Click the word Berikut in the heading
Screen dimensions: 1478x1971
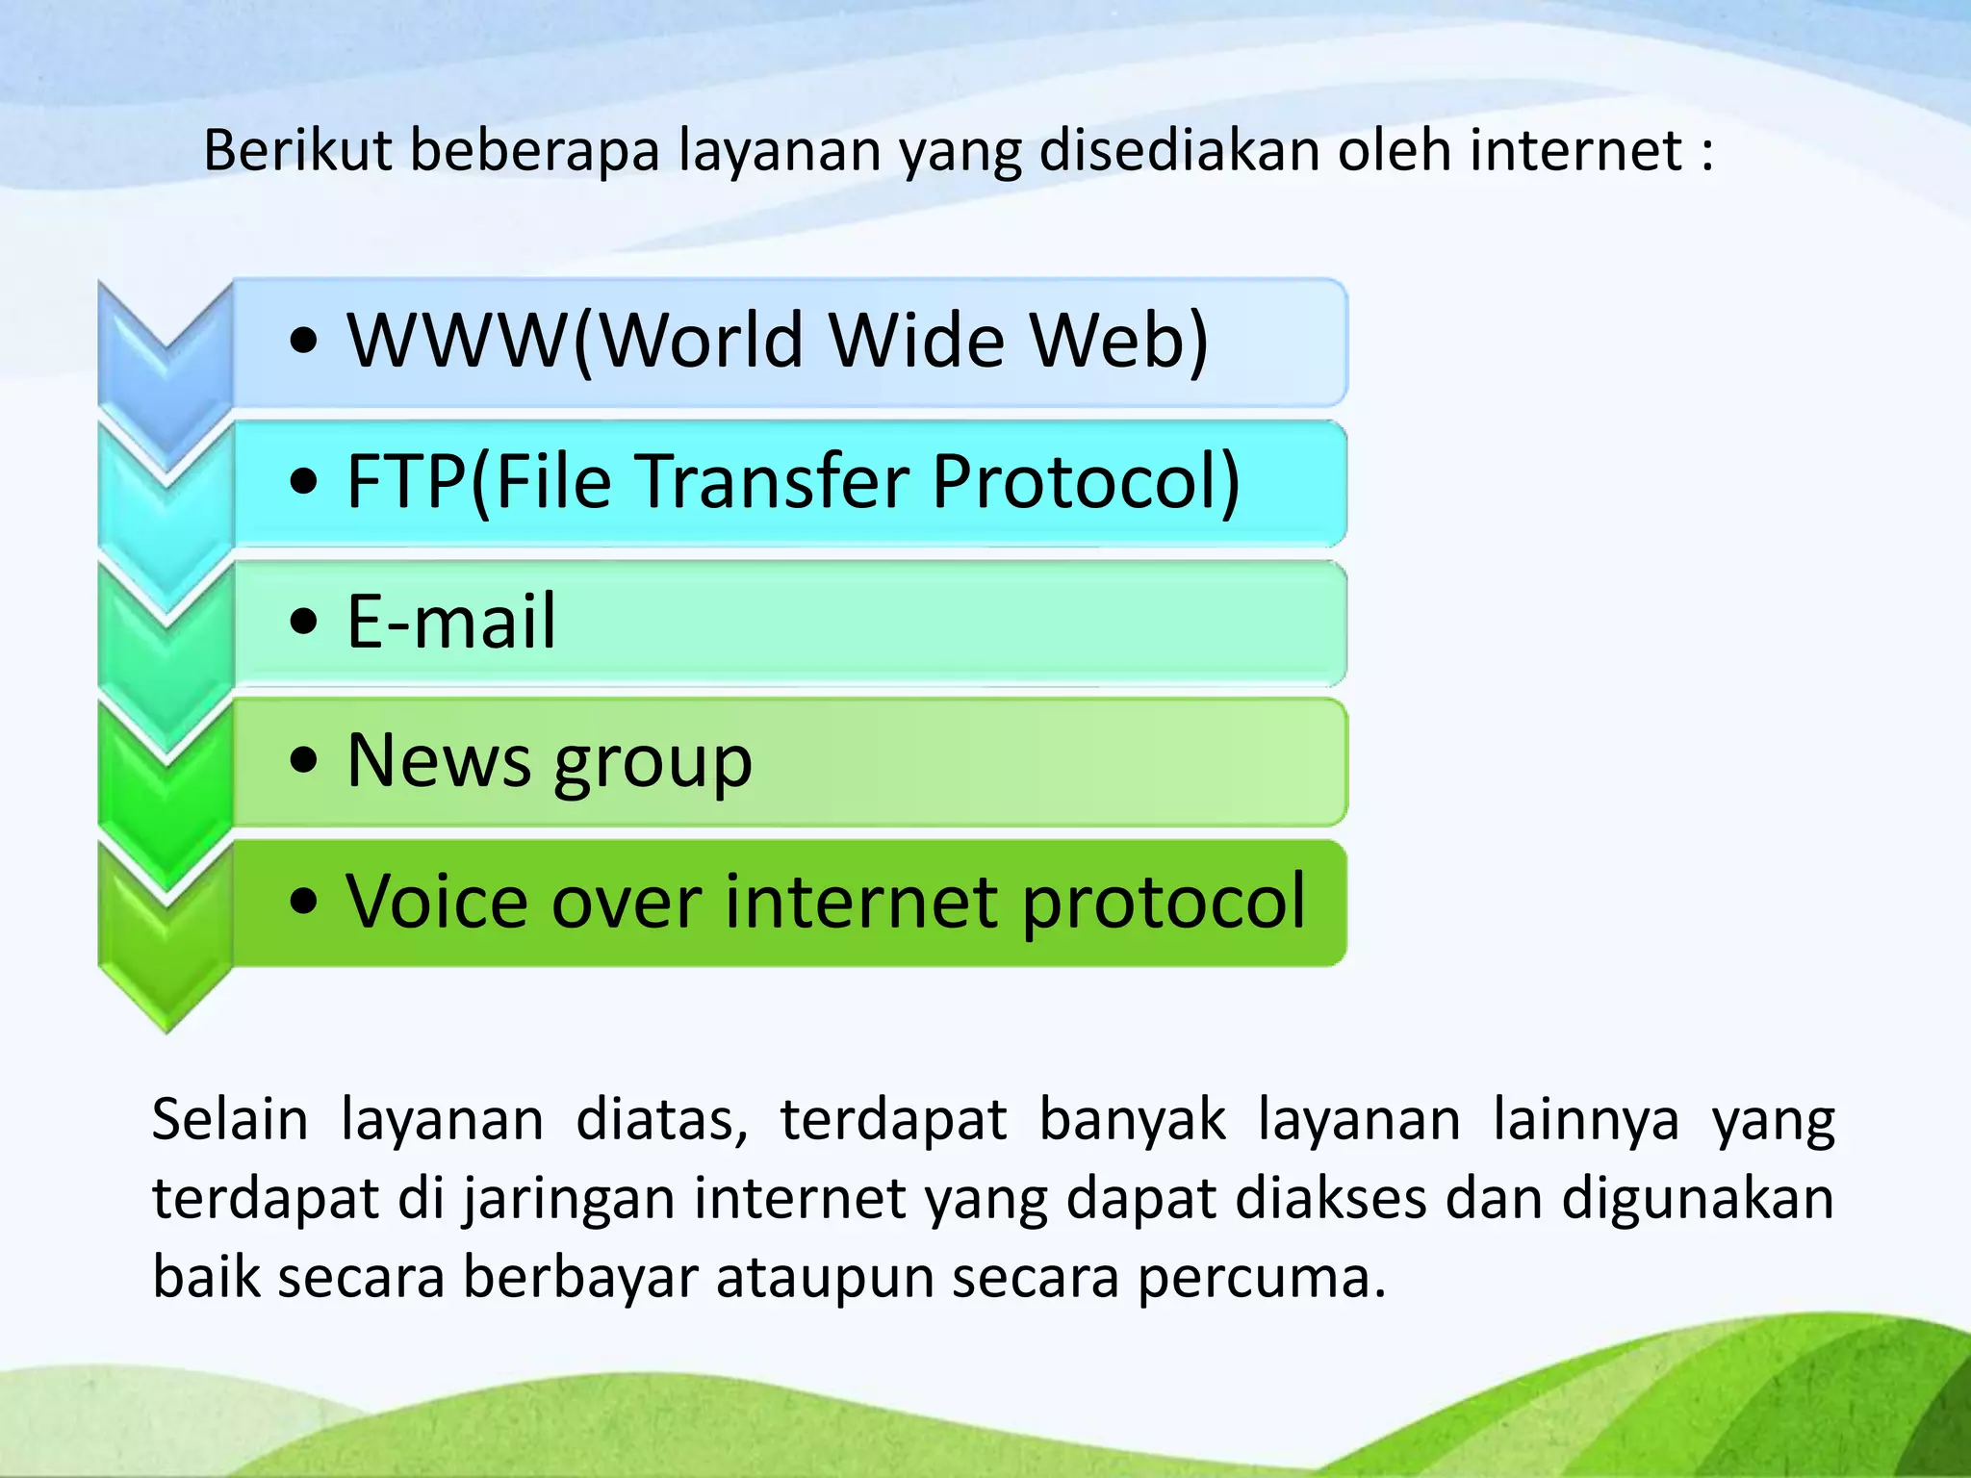pos(297,151)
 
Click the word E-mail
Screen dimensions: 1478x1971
pos(451,622)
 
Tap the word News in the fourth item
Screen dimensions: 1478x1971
pos(439,761)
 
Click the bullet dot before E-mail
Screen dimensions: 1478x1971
pos(303,623)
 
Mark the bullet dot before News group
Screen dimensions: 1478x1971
pos(303,762)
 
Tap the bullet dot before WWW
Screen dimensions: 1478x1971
pos(303,342)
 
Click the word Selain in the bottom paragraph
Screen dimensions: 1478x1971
pos(230,1120)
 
